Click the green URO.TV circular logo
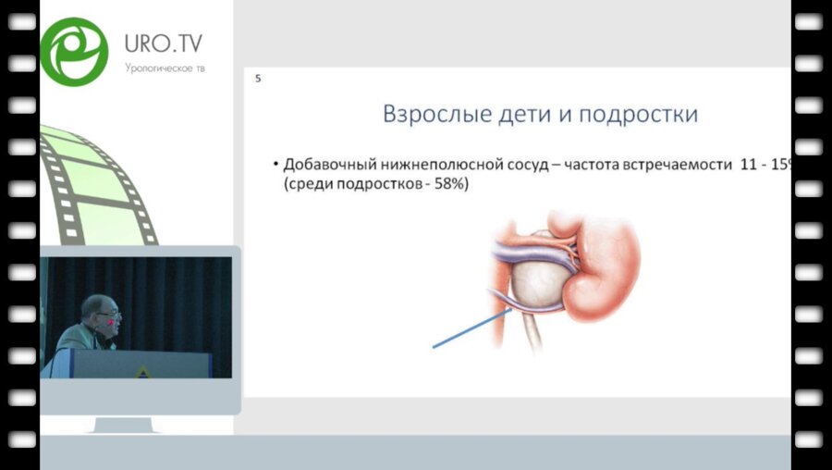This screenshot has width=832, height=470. (74, 52)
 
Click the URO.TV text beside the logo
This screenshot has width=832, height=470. (164, 43)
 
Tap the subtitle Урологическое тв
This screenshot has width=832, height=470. (165, 68)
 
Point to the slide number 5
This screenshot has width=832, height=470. (258, 79)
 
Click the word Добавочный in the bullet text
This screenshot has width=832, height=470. (328, 165)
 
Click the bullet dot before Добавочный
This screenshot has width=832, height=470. (275, 165)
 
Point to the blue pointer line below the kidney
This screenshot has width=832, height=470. (471, 328)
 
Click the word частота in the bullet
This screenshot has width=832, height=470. (594, 165)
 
